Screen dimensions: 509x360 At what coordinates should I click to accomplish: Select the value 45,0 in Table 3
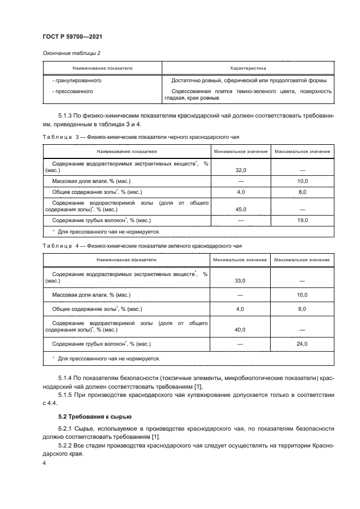240,209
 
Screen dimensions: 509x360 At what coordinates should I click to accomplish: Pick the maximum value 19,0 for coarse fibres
302,220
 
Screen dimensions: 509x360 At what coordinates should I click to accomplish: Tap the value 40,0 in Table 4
240,329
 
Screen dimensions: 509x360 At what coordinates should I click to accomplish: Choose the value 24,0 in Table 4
302,344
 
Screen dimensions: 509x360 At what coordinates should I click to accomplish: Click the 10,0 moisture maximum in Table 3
302,181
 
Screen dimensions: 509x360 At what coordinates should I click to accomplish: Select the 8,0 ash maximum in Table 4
302,309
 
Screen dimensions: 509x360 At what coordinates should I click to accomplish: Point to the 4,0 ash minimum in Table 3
240,192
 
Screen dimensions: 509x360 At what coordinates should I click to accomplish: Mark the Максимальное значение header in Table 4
302,260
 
